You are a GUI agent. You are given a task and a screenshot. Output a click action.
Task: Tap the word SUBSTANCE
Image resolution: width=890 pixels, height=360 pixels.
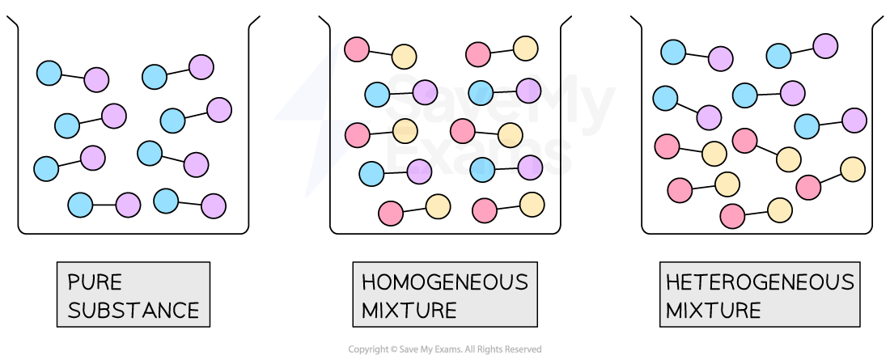click(x=133, y=311)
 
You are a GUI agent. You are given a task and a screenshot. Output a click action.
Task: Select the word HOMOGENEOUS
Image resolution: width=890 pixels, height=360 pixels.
click(x=445, y=282)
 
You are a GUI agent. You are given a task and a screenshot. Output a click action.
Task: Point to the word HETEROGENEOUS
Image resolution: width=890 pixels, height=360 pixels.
click(x=760, y=282)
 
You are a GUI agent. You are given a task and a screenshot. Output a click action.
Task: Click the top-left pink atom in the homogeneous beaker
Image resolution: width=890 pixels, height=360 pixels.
click(x=357, y=49)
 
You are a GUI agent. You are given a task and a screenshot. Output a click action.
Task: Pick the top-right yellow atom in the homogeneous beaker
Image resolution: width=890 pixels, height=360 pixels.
click(x=526, y=49)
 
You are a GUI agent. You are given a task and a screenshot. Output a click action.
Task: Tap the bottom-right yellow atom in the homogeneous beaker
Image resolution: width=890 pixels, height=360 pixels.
click(x=532, y=205)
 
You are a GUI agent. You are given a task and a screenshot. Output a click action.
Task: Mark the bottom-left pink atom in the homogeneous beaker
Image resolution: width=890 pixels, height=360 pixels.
click(x=391, y=213)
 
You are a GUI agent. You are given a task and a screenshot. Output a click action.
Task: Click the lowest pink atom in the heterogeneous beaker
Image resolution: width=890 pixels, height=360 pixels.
click(x=732, y=216)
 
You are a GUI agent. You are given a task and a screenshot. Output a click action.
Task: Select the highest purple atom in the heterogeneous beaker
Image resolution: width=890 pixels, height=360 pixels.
click(x=825, y=46)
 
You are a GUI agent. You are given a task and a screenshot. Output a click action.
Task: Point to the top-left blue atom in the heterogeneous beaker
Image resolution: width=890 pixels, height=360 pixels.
click(x=674, y=53)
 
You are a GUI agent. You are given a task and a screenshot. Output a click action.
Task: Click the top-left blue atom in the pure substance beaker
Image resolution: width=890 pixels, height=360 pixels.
click(x=49, y=74)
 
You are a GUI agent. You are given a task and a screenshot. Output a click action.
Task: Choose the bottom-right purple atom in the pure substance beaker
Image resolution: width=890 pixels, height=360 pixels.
click(x=214, y=205)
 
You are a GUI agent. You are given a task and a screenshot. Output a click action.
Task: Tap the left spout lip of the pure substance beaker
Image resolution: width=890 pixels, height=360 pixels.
click(x=12, y=21)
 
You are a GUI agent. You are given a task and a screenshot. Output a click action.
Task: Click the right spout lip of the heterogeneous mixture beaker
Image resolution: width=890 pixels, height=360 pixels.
click(x=877, y=21)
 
